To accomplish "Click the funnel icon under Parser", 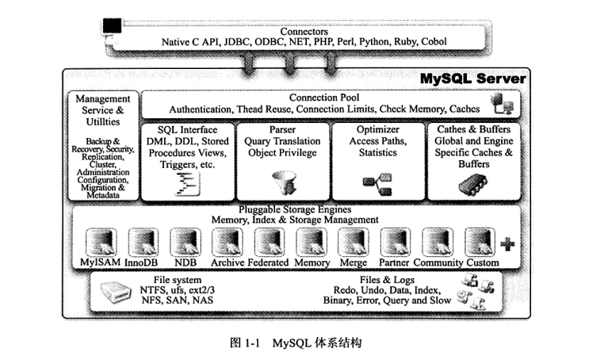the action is coord(281,183).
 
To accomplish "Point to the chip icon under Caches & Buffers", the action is coord(473,186).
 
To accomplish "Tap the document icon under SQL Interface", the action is coord(187,185).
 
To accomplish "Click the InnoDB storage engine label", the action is coord(143,262).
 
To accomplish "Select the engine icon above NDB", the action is coord(185,241).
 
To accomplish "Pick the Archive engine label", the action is coord(227,262).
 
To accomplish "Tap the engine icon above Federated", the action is coord(269,241).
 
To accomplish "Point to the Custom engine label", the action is coord(483,262).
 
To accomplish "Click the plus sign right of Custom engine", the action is coord(507,244).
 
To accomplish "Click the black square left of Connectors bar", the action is coord(113,26).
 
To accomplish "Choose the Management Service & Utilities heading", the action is coord(103,110).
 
